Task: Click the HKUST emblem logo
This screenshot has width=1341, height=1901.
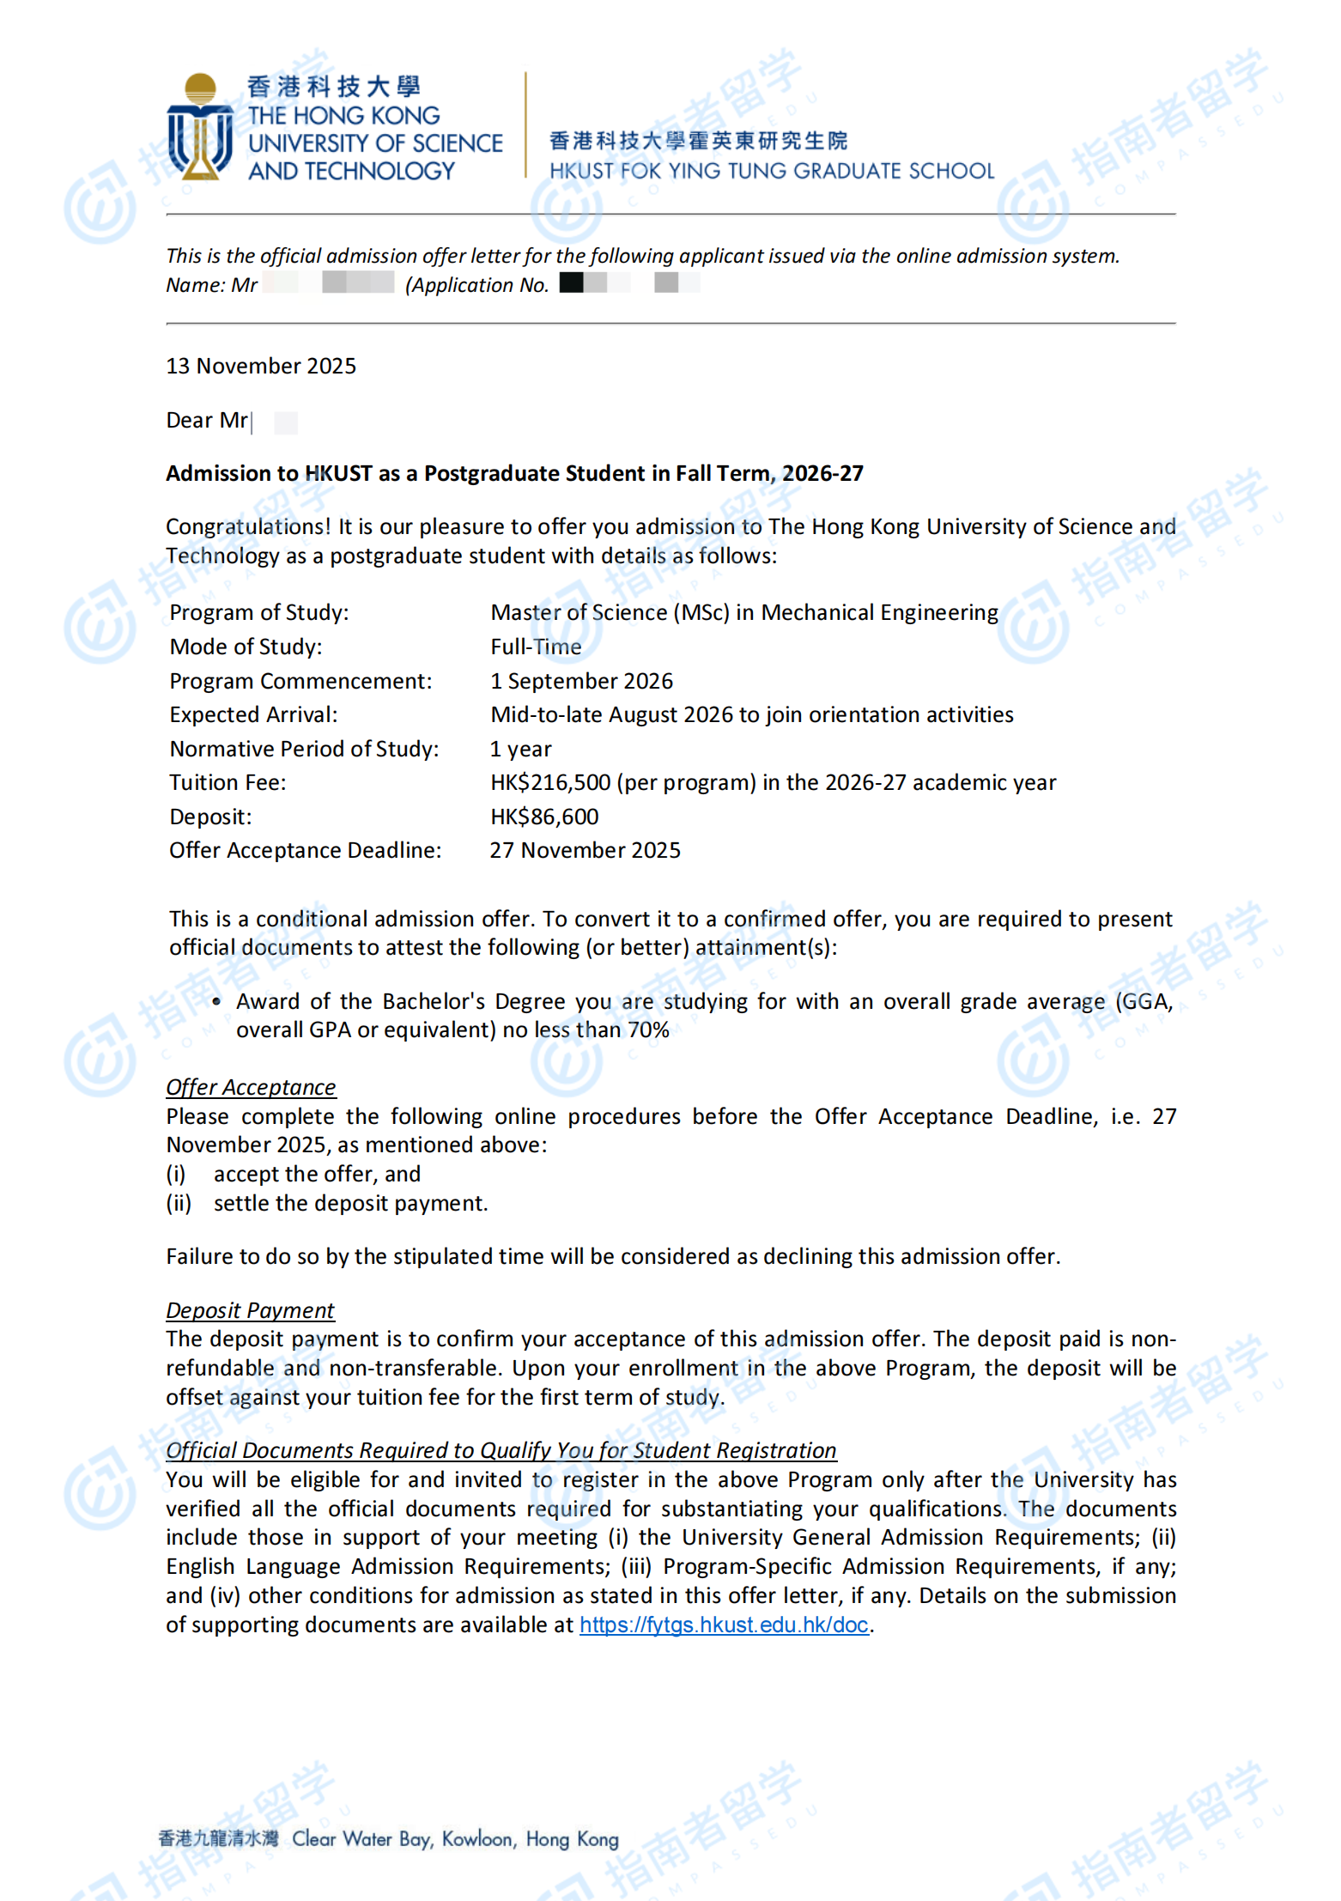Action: click(x=200, y=127)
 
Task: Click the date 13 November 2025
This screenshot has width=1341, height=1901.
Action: click(x=261, y=367)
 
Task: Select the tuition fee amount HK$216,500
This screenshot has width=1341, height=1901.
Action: click(x=550, y=783)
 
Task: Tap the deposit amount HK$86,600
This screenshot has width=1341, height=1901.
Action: click(x=544, y=817)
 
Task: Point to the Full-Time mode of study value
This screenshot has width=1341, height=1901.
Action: click(x=536, y=647)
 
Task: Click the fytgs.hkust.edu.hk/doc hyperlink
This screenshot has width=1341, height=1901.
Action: click(x=724, y=1625)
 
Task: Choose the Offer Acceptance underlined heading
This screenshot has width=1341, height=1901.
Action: click(x=251, y=1088)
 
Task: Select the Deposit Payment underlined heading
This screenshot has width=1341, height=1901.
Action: click(x=250, y=1311)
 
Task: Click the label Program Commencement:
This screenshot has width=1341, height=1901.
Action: click(x=300, y=682)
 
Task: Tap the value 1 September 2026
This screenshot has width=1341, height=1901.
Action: click(x=581, y=682)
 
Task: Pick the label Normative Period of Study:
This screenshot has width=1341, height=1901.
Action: click(x=304, y=750)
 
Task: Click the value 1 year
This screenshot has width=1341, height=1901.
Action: click(x=520, y=750)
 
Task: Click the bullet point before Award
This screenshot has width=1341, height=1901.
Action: click(x=216, y=1002)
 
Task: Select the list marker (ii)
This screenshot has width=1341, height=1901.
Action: click(x=179, y=1204)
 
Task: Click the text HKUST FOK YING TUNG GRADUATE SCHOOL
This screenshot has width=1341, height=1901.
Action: click(x=772, y=172)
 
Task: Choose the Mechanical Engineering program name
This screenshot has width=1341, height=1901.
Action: click(x=879, y=613)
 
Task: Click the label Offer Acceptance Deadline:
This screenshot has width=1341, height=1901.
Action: click(x=305, y=851)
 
